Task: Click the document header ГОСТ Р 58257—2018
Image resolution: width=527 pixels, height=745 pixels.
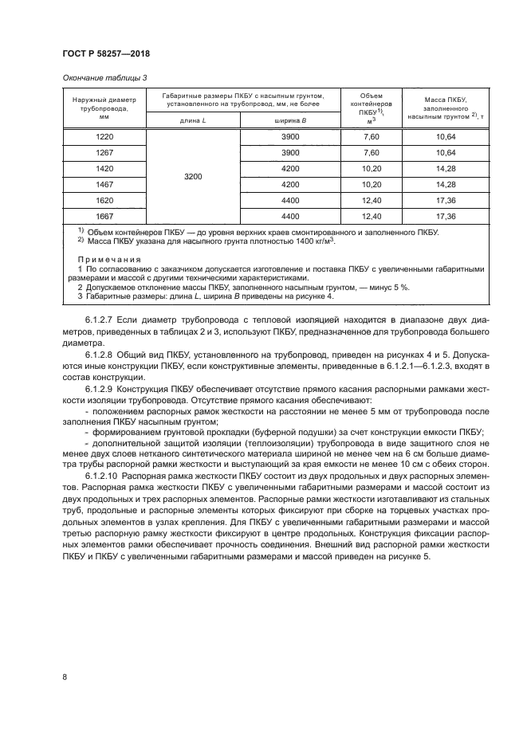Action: coord(106,53)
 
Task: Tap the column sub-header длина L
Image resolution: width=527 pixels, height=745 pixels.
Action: coord(192,120)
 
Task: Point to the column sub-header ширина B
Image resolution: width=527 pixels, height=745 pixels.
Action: coord(289,120)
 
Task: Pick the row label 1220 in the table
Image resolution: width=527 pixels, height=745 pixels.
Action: coord(104,137)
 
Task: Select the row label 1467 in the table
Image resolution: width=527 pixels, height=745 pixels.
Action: coord(104,184)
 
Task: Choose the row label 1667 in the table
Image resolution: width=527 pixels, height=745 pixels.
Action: coord(104,216)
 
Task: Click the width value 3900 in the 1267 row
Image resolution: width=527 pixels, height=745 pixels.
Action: coord(290,152)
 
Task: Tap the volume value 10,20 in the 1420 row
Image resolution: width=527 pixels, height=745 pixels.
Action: coord(372,168)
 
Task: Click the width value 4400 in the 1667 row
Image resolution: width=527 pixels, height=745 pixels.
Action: coord(290,216)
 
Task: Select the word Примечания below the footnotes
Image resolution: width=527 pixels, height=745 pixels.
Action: coord(109,259)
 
